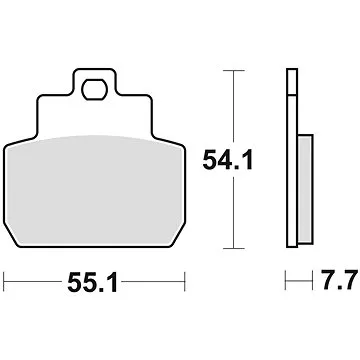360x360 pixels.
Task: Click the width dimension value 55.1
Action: tap(96, 284)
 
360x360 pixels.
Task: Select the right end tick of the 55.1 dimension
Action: tap(187, 283)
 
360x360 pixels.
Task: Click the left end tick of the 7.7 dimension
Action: tap(287, 283)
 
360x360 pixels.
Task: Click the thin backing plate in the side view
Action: tap(292, 160)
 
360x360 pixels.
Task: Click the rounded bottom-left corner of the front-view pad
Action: tap(9, 242)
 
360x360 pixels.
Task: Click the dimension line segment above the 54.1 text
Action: tap(233, 105)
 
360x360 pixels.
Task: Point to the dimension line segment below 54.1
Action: tap(233, 215)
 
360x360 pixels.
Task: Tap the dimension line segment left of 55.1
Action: tap(35, 283)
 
